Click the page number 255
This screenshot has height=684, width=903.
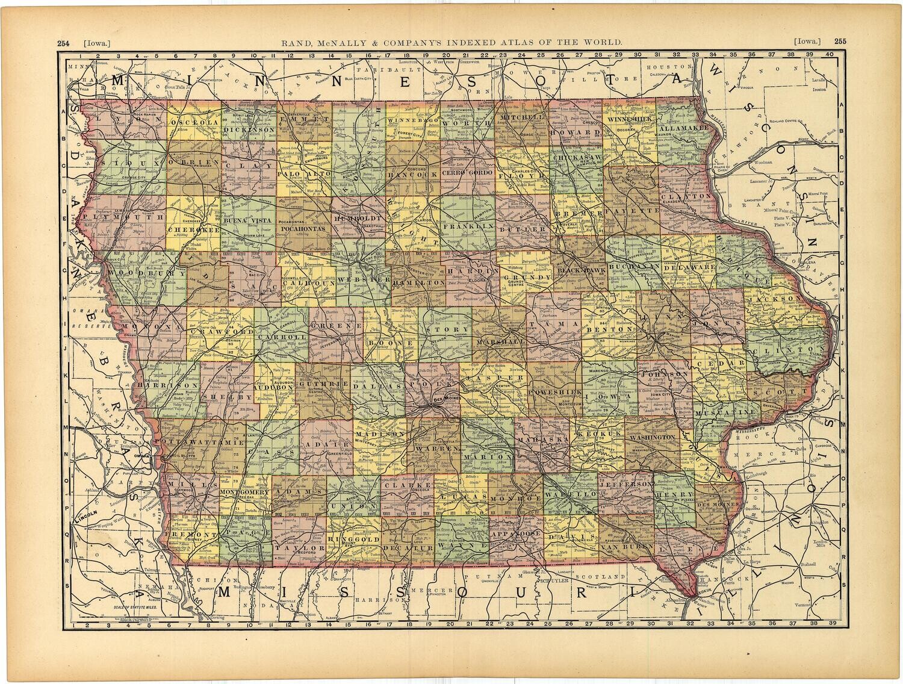click(x=840, y=42)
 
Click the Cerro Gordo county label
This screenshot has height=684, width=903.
click(x=468, y=173)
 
